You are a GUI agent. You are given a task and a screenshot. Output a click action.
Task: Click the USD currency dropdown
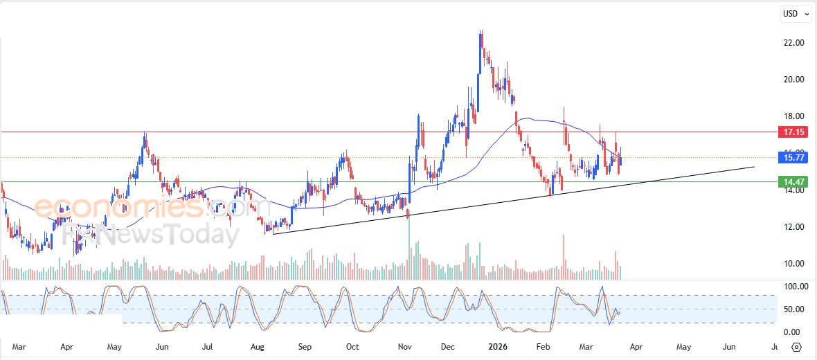tap(793, 13)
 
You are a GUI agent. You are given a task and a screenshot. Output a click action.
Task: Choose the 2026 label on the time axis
tap(497, 346)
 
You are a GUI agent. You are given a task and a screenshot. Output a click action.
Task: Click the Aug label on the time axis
tap(257, 346)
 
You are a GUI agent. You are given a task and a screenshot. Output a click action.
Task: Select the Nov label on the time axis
tap(406, 346)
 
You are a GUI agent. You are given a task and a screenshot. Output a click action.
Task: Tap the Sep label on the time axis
tap(305, 346)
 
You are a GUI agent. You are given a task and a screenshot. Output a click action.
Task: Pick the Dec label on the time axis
tap(448, 346)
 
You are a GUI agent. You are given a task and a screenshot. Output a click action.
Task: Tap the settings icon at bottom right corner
tap(796, 347)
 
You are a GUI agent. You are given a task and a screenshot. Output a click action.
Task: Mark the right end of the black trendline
tap(753, 167)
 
